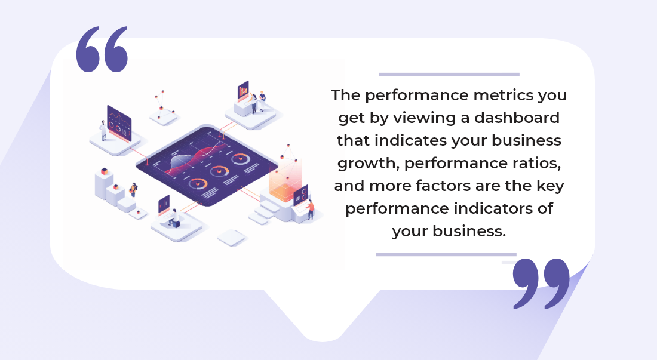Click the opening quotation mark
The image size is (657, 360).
pyautogui.click(x=102, y=50)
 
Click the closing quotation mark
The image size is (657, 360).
pyautogui.click(x=541, y=283)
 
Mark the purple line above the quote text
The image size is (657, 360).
pyautogui.click(x=449, y=75)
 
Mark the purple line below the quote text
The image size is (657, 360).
pyautogui.click(x=446, y=254)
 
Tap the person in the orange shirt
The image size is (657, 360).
pyautogui.click(x=310, y=210)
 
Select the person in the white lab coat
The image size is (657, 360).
pyautogui.click(x=103, y=130)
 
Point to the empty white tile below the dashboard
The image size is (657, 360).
pyautogui.click(x=232, y=238)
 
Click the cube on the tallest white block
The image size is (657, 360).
pyautogui.click(x=103, y=171)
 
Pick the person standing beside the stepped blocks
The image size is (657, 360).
pyautogui.click(x=133, y=190)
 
